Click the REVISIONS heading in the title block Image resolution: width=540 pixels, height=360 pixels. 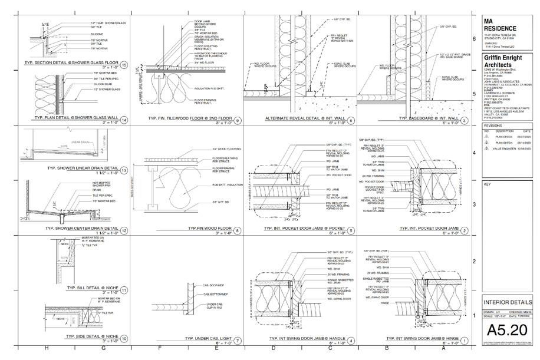[x=493, y=125]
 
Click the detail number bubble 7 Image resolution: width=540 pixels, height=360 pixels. [x=237, y=340]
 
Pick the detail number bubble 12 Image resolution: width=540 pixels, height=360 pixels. [x=124, y=231]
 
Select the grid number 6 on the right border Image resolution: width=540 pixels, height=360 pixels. [x=475, y=39]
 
